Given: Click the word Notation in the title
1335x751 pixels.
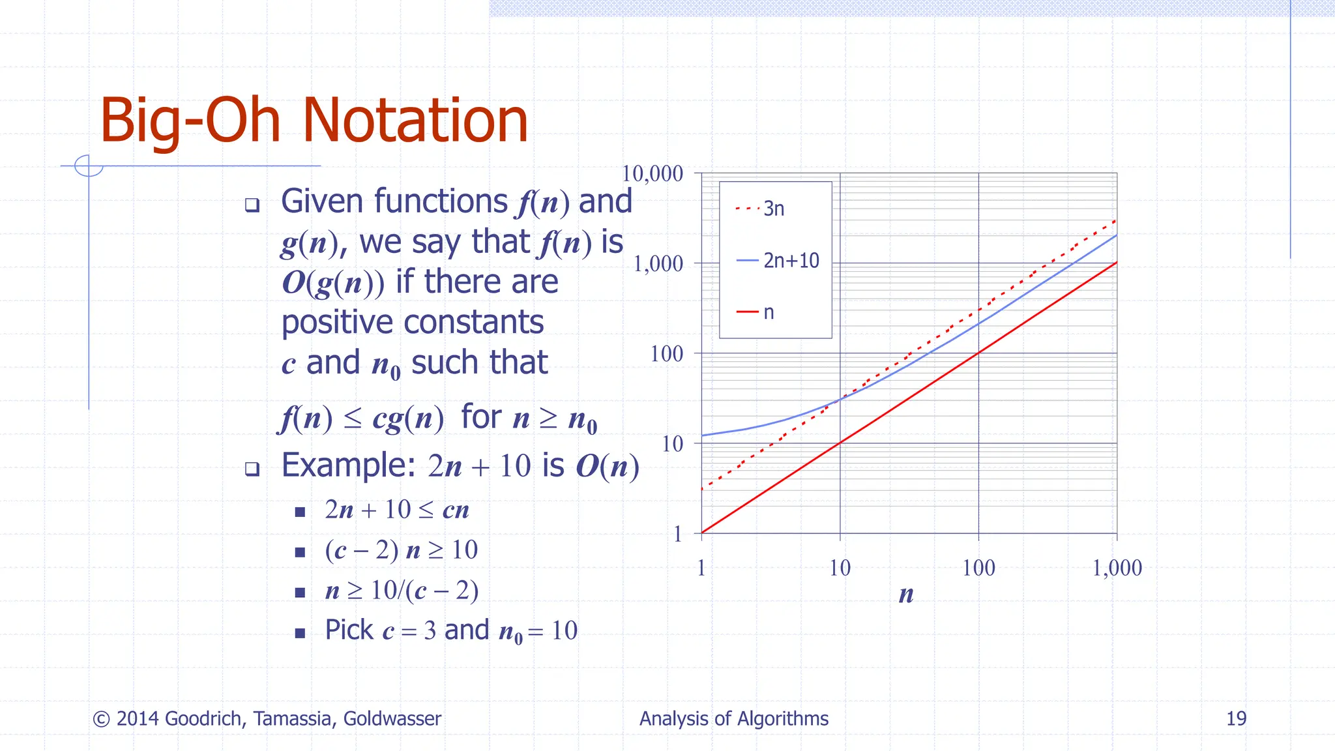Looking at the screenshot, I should (x=415, y=121).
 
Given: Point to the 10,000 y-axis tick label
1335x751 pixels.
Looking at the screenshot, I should (x=652, y=174).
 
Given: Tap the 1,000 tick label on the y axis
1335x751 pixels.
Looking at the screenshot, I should (x=658, y=264).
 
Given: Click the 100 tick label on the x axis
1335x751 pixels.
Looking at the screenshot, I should (x=978, y=568).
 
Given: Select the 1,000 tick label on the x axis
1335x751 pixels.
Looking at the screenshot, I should (x=1117, y=568).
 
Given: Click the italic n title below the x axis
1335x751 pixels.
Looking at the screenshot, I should (x=906, y=595).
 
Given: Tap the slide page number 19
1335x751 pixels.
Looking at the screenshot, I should (x=1236, y=718).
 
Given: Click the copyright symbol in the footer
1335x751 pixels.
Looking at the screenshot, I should (x=101, y=719).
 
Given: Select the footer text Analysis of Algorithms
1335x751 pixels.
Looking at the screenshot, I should (x=733, y=718).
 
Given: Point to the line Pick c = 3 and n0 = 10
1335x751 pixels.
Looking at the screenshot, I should (x=451, y=630).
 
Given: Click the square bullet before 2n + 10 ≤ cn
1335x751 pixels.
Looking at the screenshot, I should (x=300, y=512).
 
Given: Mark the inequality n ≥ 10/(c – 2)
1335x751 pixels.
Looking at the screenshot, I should (x=402, y=591).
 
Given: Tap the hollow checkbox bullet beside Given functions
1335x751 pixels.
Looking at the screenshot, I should (x=252, y=205).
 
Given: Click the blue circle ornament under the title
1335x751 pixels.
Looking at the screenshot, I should (x=89, y=166).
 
